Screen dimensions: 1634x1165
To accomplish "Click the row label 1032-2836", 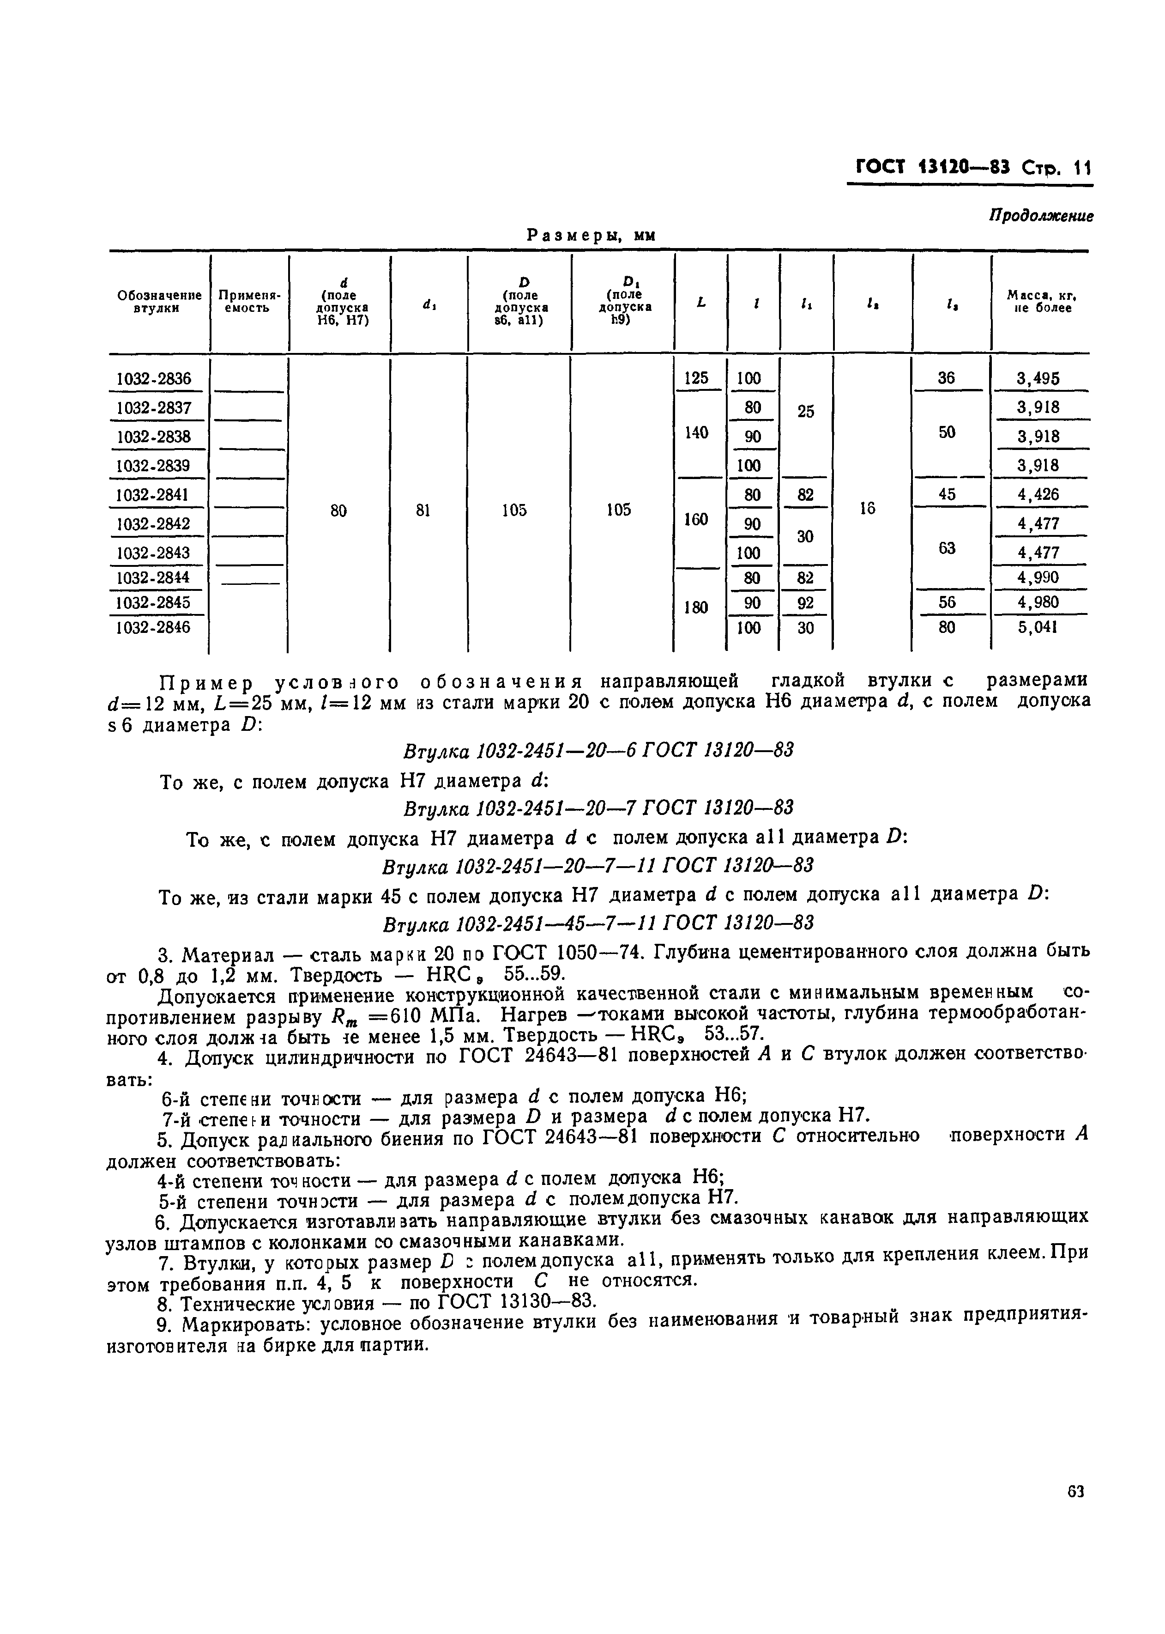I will (153, 379).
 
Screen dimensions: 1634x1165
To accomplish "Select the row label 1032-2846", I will (153, 627).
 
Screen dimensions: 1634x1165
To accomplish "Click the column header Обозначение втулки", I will (158, 301).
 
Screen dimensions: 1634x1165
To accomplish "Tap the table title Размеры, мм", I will (592, 236).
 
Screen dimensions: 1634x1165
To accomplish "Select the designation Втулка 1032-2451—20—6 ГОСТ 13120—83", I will (598, 751).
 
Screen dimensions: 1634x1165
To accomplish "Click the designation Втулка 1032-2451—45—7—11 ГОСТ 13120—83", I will (598, 922).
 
